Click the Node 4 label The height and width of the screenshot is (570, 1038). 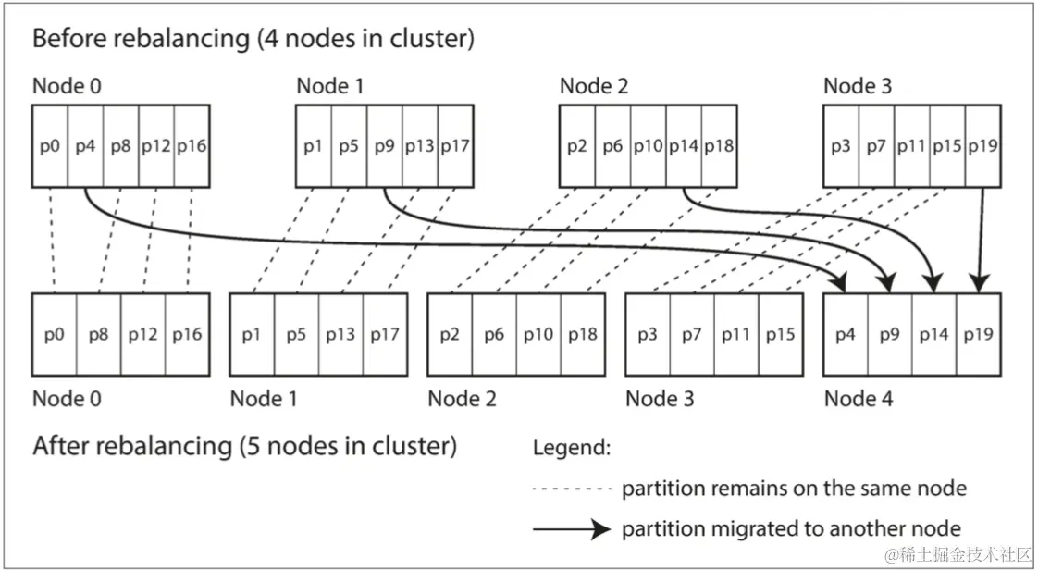point(859,399)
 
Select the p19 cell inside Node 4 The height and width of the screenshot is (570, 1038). point(979,335)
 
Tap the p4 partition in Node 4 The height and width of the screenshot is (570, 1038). point(846,335)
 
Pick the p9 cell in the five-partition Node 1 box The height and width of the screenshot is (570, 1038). point(385,146)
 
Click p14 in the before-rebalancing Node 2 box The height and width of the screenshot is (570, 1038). point(684,146)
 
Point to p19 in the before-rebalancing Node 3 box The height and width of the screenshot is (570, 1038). point(983,146)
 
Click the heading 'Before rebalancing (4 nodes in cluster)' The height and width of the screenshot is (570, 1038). point(253,38)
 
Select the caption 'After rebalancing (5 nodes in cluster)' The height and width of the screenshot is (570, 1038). point(245,446)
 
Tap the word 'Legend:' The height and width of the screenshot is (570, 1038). point(572,448)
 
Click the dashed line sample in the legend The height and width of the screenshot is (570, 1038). point(572,489)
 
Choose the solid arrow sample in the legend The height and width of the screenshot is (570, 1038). point(572,529)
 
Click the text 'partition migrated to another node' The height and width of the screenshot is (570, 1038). point(791,529)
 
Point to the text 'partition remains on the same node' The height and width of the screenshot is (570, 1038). point(795,489)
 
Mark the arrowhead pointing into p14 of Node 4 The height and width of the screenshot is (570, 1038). point(934,285)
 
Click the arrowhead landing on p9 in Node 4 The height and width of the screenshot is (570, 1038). point(889,285)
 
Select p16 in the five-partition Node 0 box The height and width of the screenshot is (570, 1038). point(188,335)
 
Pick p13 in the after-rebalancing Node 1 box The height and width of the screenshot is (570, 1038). point(340,335)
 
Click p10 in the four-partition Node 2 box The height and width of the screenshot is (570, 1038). point(538,335)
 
